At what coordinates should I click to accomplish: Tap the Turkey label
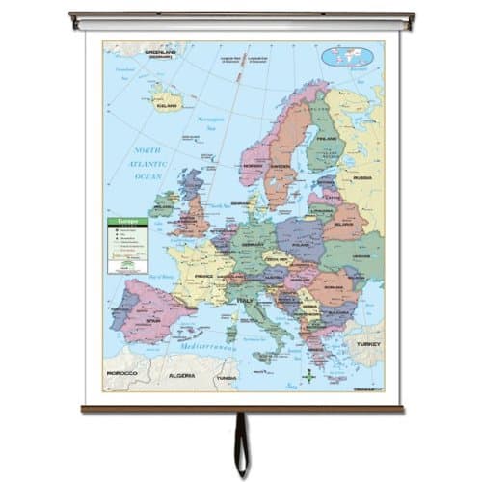366,343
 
